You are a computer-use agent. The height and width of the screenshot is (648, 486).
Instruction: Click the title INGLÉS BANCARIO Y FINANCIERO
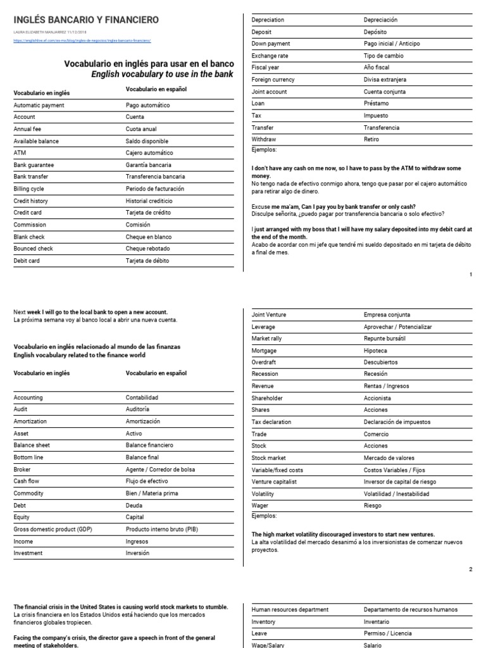pyautogui.click(x=86, y=20)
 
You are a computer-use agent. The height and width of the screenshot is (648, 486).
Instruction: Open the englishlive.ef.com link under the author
pyautogui.click(x=82, y=40)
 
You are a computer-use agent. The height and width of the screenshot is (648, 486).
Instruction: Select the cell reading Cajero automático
pyautogui.click(x=149, y=153)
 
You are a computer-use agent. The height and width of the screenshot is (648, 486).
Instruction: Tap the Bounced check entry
pyautogui.click(x=34, y=248)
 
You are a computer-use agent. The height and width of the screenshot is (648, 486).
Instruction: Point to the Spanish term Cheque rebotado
pyautogui.click(x=148, y=248)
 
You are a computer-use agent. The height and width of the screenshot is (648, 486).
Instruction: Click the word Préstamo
pyautogui.click(x=377, y=103)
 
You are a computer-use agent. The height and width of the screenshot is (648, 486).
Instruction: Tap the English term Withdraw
pyautogui.click(x=264, y=139)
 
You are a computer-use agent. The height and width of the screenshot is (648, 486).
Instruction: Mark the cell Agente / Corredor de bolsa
pyautogui.click(x=161, y=470)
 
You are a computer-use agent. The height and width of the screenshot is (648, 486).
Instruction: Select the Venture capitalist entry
pyautogui.click(x=275, y=482)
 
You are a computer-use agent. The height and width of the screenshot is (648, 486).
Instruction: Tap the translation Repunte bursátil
pyautogui.click(x=385, y=339)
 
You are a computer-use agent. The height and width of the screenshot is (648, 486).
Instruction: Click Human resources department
pyautogui.click(x=290, y=609)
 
